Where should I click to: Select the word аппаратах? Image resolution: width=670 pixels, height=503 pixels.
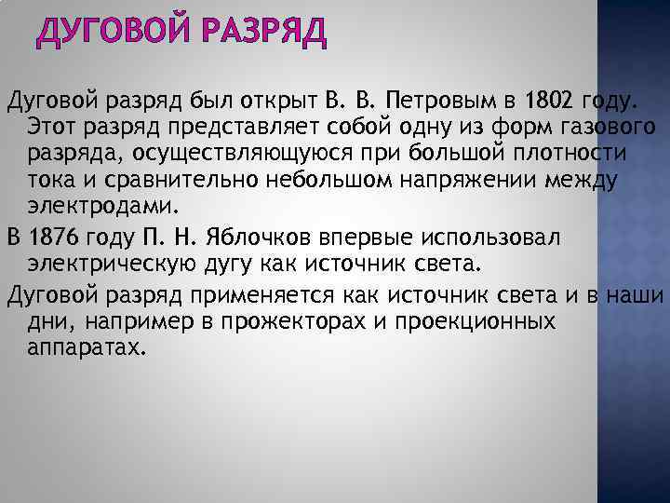(x=87, y=347)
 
